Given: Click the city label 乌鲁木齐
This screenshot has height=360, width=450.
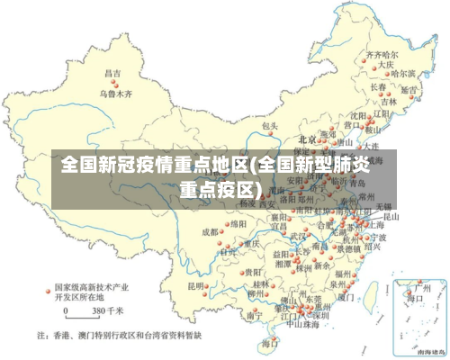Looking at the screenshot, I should click(x=114, y=94).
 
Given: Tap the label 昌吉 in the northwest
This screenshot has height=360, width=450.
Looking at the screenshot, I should click(x=112, y=73).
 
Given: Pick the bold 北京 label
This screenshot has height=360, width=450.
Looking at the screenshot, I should click(x=307, y=139).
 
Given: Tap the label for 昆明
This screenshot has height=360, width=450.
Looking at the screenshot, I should click(x=195, y=285).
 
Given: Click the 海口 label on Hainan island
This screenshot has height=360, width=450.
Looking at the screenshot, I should click(x=268, y=344).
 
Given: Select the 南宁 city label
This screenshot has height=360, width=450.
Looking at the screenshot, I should click(x=255, y=316).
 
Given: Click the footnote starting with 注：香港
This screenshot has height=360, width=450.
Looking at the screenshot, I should click(x=120, y=335).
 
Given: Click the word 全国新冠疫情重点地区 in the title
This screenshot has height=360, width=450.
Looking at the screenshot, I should click(x=154, y=165).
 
